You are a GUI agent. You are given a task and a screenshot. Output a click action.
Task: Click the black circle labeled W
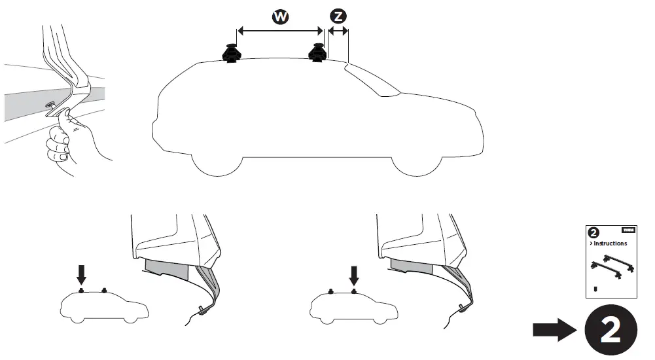[x=281, y=17]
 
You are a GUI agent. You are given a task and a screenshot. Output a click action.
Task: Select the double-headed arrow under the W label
[x=280, y=30]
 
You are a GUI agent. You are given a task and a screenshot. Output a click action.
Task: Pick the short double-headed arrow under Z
[x=338, y=30]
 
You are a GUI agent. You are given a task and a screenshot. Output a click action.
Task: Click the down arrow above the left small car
[x=81, y=274]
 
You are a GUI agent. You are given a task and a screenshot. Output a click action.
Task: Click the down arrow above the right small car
[x=353, y=274]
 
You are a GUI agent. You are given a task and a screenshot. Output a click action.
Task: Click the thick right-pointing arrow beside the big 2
[x=554, y=331]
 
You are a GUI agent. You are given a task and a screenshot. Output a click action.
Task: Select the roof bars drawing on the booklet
[x=611, y=264]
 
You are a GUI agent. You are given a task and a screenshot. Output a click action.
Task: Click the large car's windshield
[x=373, y=79]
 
